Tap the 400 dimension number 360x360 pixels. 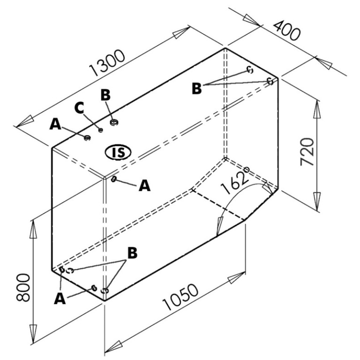click(x=287, y=30)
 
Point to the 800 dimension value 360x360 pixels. click(x=23, y=287)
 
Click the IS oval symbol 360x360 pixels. click(x=118, y=152)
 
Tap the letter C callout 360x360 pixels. click(x=79, y=108)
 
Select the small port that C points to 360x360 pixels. click(x=100, y=130)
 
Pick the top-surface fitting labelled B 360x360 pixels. click(x=113, y=122)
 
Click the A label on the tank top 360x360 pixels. click(x=55, y=124)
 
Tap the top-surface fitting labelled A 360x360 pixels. click(x=87, y=138)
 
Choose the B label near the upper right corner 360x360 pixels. click(x=197, y=89)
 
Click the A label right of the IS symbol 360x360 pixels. click(x=145, y=186)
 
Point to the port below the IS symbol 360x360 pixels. click(x=113, y=179)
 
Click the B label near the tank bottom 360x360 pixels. click(x=133, y=253)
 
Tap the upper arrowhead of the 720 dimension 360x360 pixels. click(x=317, y=109)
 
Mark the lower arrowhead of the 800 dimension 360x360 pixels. click(x=33, y=334)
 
